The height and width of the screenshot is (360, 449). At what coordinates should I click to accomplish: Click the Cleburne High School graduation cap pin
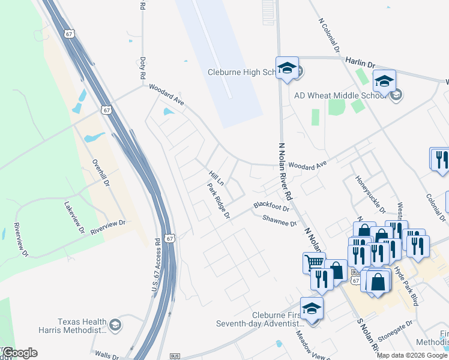pos(287,67)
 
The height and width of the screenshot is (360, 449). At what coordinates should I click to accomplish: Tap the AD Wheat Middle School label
pos(340,95)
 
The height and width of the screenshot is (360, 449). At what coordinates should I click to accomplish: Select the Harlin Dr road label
pos(360,62)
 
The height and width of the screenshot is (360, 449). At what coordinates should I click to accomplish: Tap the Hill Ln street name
pos(216,178)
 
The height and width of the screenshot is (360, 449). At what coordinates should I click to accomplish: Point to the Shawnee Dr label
pos(280,221)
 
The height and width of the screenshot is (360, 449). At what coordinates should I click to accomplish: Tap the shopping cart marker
pos(314,262)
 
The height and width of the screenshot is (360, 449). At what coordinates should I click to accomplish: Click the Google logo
pos(19,353)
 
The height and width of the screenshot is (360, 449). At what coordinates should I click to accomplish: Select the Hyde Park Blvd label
pos(406,286)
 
